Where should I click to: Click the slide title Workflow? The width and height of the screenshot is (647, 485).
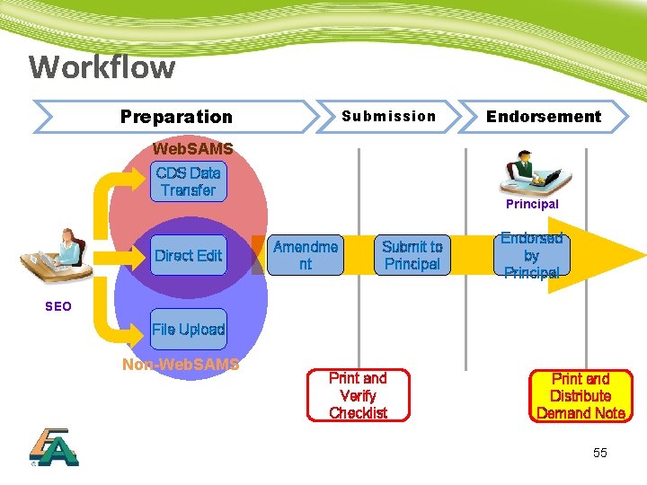[102, 67]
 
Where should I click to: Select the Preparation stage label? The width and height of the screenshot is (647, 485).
[176, 117]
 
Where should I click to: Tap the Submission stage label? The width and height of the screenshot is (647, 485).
[389, 116]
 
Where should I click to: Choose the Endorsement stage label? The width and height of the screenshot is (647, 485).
[543, 116]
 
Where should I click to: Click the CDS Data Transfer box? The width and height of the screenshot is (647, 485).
[188, 181]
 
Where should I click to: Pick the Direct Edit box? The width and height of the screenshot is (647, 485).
[188, 256]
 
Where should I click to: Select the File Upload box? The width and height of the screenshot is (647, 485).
[188, 330]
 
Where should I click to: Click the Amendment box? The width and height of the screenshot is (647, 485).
[306, 255]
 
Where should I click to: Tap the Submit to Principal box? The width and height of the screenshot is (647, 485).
[412, 255]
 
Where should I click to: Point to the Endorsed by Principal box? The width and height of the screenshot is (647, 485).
[531, 255]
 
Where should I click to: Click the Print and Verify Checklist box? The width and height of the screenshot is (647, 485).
[358, 395]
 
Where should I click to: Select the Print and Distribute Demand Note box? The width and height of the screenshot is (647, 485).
[581, 396]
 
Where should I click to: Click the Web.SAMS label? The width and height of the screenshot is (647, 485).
[193, 148]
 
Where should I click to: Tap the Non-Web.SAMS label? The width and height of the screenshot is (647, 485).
[181, 365]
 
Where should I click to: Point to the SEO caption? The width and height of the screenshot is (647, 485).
[58, 306]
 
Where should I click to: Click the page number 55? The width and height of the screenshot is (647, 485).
[599, 453]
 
